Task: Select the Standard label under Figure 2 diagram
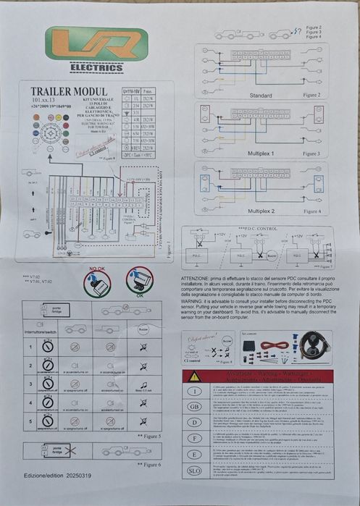pyautogui.click(x=260, y=95)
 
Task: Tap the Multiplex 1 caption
pyautogui.click(x=260, y=153)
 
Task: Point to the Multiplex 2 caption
pyautogui.click(x=260, y=210)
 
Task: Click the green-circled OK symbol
pyautogui.click(x=139, y=282)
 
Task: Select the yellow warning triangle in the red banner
pyautogui.click(x=194, y=376)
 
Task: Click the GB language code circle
pyautogui.click(x=194, y=407)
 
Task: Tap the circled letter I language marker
pyautogui.click(x=194, y=392)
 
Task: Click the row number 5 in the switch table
pyautogui.click(x=30, y=418)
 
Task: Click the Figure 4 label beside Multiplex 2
pyautogui.click(x=311, y=211)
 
